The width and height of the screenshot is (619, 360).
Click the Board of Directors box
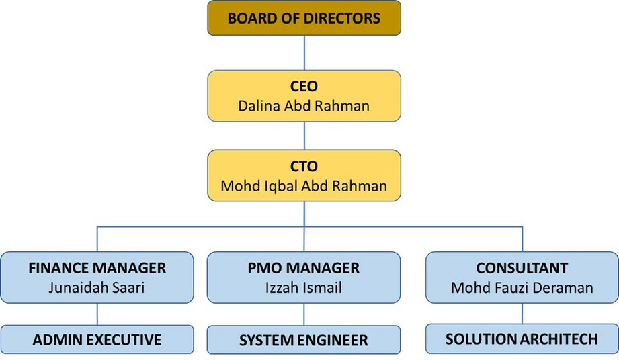coord(304,17)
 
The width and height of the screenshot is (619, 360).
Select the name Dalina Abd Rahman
coord(304,106)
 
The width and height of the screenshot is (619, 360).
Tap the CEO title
coord(304,87)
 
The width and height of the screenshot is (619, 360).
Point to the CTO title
coord(304,166)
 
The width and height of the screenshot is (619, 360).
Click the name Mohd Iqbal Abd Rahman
coord(304,186)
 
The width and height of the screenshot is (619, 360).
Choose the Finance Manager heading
coord(97,268)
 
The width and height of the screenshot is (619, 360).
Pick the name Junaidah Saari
coord(97,287)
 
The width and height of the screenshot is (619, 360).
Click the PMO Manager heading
coord(304,268)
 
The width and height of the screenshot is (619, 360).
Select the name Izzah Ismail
coord(304,287)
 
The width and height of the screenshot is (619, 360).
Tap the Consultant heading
coord(522,268)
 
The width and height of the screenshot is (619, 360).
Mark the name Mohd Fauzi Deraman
coord(522,287)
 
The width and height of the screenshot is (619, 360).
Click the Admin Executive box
coord(97,339)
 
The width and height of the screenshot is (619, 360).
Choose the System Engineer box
coord(304,340)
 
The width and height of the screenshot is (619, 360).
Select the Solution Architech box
coord(522,339)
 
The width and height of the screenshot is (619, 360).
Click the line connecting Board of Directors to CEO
coord(304,53)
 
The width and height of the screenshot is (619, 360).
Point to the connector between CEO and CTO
coord(304,136)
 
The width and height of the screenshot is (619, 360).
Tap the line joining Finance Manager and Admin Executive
coord(97,314)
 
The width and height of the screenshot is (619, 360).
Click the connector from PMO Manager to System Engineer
coord(304,314)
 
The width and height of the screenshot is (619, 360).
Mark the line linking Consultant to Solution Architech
coord(522,314)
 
